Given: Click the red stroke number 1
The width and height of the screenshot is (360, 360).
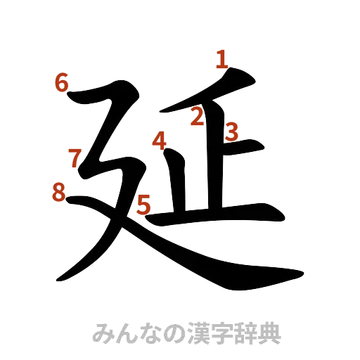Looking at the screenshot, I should coord(221,59).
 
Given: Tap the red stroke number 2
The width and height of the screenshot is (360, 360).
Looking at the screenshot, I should coord(198,117).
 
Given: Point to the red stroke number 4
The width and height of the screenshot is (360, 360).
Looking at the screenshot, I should coord(160,142).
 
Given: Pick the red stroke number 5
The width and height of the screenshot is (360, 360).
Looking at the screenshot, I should coord(143,205).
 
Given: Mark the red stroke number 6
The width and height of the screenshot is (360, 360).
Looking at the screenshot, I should coord(62,83).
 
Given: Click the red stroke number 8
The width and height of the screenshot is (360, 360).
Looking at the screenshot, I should coord(60,191).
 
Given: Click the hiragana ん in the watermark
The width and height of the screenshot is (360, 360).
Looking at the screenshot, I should coord(126,332).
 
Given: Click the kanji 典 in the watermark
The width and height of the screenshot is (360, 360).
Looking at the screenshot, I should coord(269,332).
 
